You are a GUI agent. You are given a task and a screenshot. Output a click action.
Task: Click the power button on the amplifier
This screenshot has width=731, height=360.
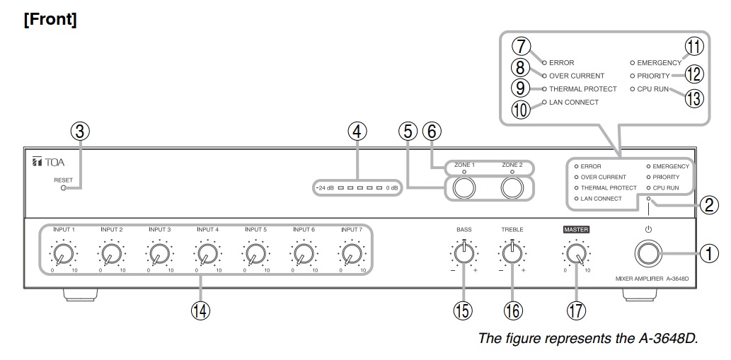647,253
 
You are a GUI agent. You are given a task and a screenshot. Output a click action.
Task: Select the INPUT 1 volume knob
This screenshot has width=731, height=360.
62,252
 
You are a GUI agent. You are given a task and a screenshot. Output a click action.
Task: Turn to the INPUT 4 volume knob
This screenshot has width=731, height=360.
207,252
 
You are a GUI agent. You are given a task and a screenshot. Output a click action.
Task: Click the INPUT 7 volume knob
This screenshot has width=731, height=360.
351,252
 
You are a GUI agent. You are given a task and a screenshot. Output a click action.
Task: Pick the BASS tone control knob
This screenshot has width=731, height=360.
464,253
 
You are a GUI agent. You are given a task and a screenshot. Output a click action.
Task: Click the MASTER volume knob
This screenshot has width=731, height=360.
576,253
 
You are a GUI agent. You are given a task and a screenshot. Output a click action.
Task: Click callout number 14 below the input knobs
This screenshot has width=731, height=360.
202,310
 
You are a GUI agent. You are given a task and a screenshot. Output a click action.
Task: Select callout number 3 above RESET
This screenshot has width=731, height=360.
81,132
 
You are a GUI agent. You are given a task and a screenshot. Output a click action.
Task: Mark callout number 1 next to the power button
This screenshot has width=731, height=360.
710,252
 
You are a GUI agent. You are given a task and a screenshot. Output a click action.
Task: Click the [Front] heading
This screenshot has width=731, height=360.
50,19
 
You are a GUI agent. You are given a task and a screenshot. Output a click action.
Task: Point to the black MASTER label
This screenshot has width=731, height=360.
575,230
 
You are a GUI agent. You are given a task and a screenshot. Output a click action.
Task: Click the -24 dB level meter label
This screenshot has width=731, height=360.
324,188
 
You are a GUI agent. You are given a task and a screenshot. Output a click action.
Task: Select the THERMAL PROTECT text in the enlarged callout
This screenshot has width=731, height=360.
582,89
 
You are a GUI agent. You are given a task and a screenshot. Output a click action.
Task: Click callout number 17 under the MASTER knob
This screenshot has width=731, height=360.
576,309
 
